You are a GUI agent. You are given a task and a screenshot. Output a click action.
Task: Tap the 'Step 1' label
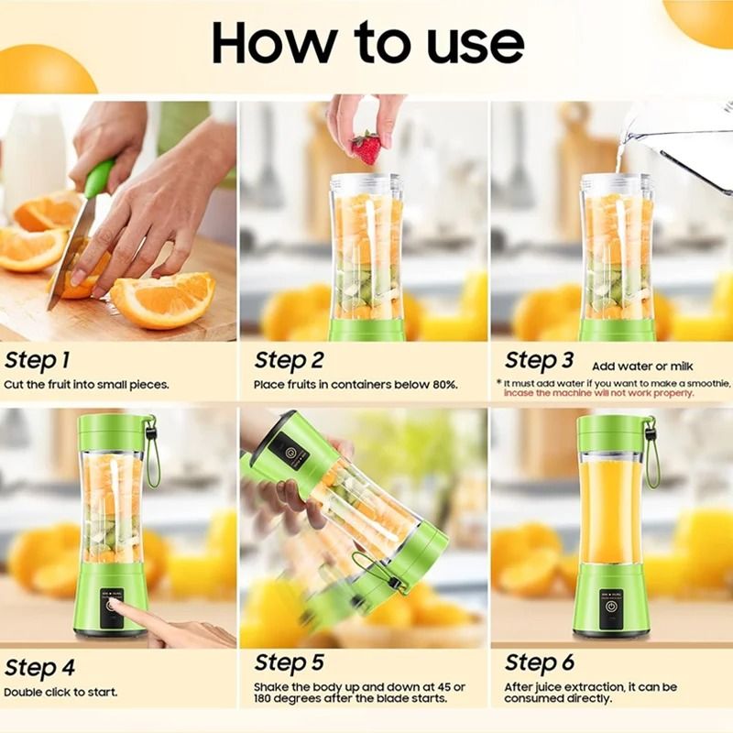coord(37,359)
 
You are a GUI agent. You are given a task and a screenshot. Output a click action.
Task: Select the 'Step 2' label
coord(289,360)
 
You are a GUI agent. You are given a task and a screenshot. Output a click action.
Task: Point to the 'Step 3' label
coord(539,360)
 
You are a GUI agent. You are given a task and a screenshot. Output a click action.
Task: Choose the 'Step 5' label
coord(289,662)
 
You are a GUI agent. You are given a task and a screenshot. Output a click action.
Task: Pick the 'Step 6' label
coord(539,662)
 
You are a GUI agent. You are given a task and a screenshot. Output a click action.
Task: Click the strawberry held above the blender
coord(366,147)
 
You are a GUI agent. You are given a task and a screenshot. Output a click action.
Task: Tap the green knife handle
coord(98,178)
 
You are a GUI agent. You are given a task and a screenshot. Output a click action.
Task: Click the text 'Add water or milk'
coord(648,366)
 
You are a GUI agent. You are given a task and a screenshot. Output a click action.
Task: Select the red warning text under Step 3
coord(598,393)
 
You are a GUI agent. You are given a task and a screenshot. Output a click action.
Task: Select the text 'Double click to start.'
coord(60,692)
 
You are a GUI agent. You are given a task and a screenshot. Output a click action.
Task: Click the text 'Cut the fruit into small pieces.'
coord(86,385)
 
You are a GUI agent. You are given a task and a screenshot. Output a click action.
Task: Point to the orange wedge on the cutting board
coord(162,301)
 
